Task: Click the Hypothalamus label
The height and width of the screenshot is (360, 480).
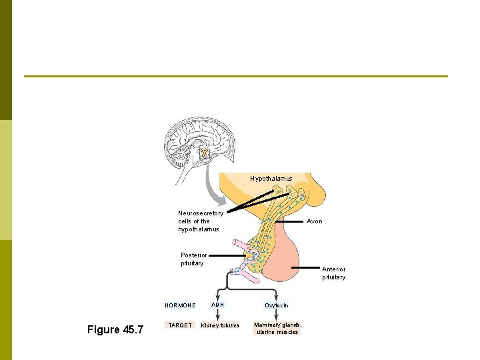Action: (271, 179)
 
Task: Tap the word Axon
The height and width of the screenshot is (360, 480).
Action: (314, 221)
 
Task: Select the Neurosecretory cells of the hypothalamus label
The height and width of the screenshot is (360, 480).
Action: (200, 221)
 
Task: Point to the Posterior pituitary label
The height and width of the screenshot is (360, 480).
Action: (194, 259)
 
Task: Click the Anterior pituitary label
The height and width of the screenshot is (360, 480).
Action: (333, 273)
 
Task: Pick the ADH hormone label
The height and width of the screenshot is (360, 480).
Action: (218, 305)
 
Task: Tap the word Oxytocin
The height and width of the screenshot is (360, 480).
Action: (277, 305)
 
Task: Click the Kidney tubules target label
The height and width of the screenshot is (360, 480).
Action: (220, 325)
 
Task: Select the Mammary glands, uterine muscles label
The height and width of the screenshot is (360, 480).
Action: (277, 328)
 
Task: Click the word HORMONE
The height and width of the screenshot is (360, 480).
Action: (180, 305)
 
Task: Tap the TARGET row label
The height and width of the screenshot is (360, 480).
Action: (180, 325)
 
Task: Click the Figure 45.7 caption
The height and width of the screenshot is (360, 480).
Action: (115, 330)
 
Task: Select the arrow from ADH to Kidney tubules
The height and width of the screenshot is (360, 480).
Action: (218, 315)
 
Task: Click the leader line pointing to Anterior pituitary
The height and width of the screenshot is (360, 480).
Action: (307, 267)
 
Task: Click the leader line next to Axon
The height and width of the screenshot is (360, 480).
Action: (287, 221)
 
